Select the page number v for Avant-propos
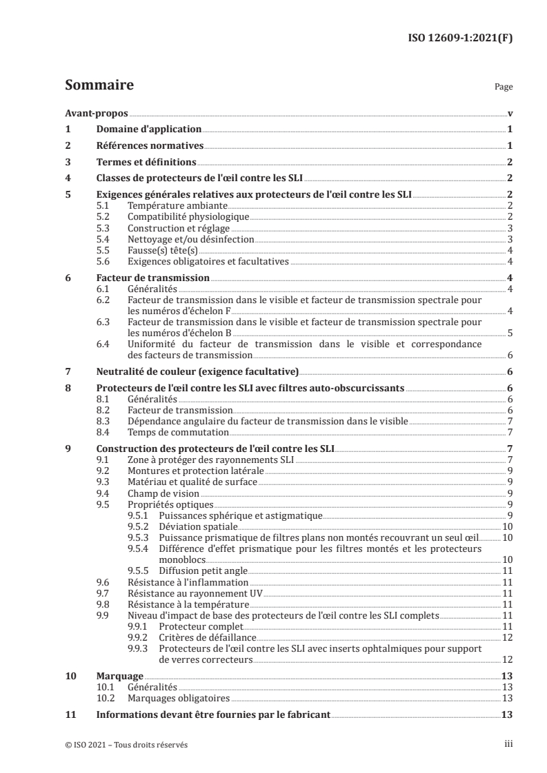click(510, 114)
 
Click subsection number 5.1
click(103, 206)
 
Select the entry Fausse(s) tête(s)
click(159, 250)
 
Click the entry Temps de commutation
click(178, 433)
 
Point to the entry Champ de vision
click(163, 493)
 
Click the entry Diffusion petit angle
click(202, 570)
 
